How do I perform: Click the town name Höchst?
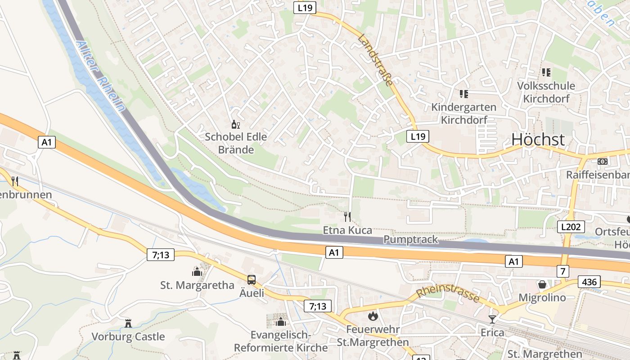538,140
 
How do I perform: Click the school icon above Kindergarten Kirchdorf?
463,94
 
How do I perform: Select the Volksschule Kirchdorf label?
546,92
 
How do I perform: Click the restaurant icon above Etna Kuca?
347,217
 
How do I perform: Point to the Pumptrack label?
410,239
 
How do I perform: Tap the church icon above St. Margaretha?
197,271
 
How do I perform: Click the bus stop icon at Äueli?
251,279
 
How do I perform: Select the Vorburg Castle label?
128,337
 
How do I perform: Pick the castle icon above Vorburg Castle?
128,323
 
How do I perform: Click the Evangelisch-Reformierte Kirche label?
281,341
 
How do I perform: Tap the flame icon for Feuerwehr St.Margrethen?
373,316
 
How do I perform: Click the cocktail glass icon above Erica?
492,319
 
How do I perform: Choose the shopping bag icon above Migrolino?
542,284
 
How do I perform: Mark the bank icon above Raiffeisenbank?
603,161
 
